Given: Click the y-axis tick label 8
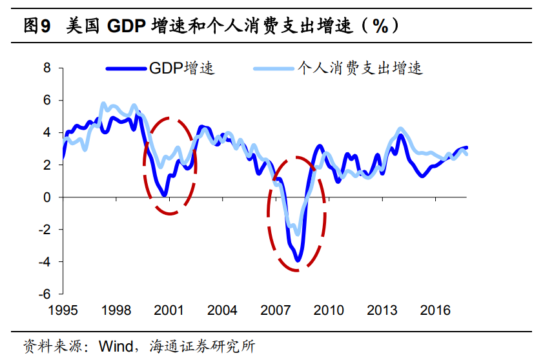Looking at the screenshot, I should click(x=46, y=68).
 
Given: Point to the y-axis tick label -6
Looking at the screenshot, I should click(x=44, y=294).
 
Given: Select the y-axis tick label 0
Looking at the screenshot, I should click(x=46, y=197).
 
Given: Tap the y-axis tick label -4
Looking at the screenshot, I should click(x=44, y=261).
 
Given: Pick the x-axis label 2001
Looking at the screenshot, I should click(x=169, y=310).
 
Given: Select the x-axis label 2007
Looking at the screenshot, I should click(x=275, y=310).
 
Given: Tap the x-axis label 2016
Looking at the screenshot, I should click(x=435, y=310).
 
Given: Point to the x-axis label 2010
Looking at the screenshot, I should click(x=328, y=310).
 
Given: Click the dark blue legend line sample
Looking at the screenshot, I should click(x=126, y=68).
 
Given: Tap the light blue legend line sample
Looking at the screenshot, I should click(x=273, y=68).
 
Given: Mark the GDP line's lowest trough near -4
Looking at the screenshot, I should click(x=298, y=260).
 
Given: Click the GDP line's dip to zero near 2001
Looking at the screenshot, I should click(x=165, y=194).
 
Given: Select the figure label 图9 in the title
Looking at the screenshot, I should click(x=37, y=26).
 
